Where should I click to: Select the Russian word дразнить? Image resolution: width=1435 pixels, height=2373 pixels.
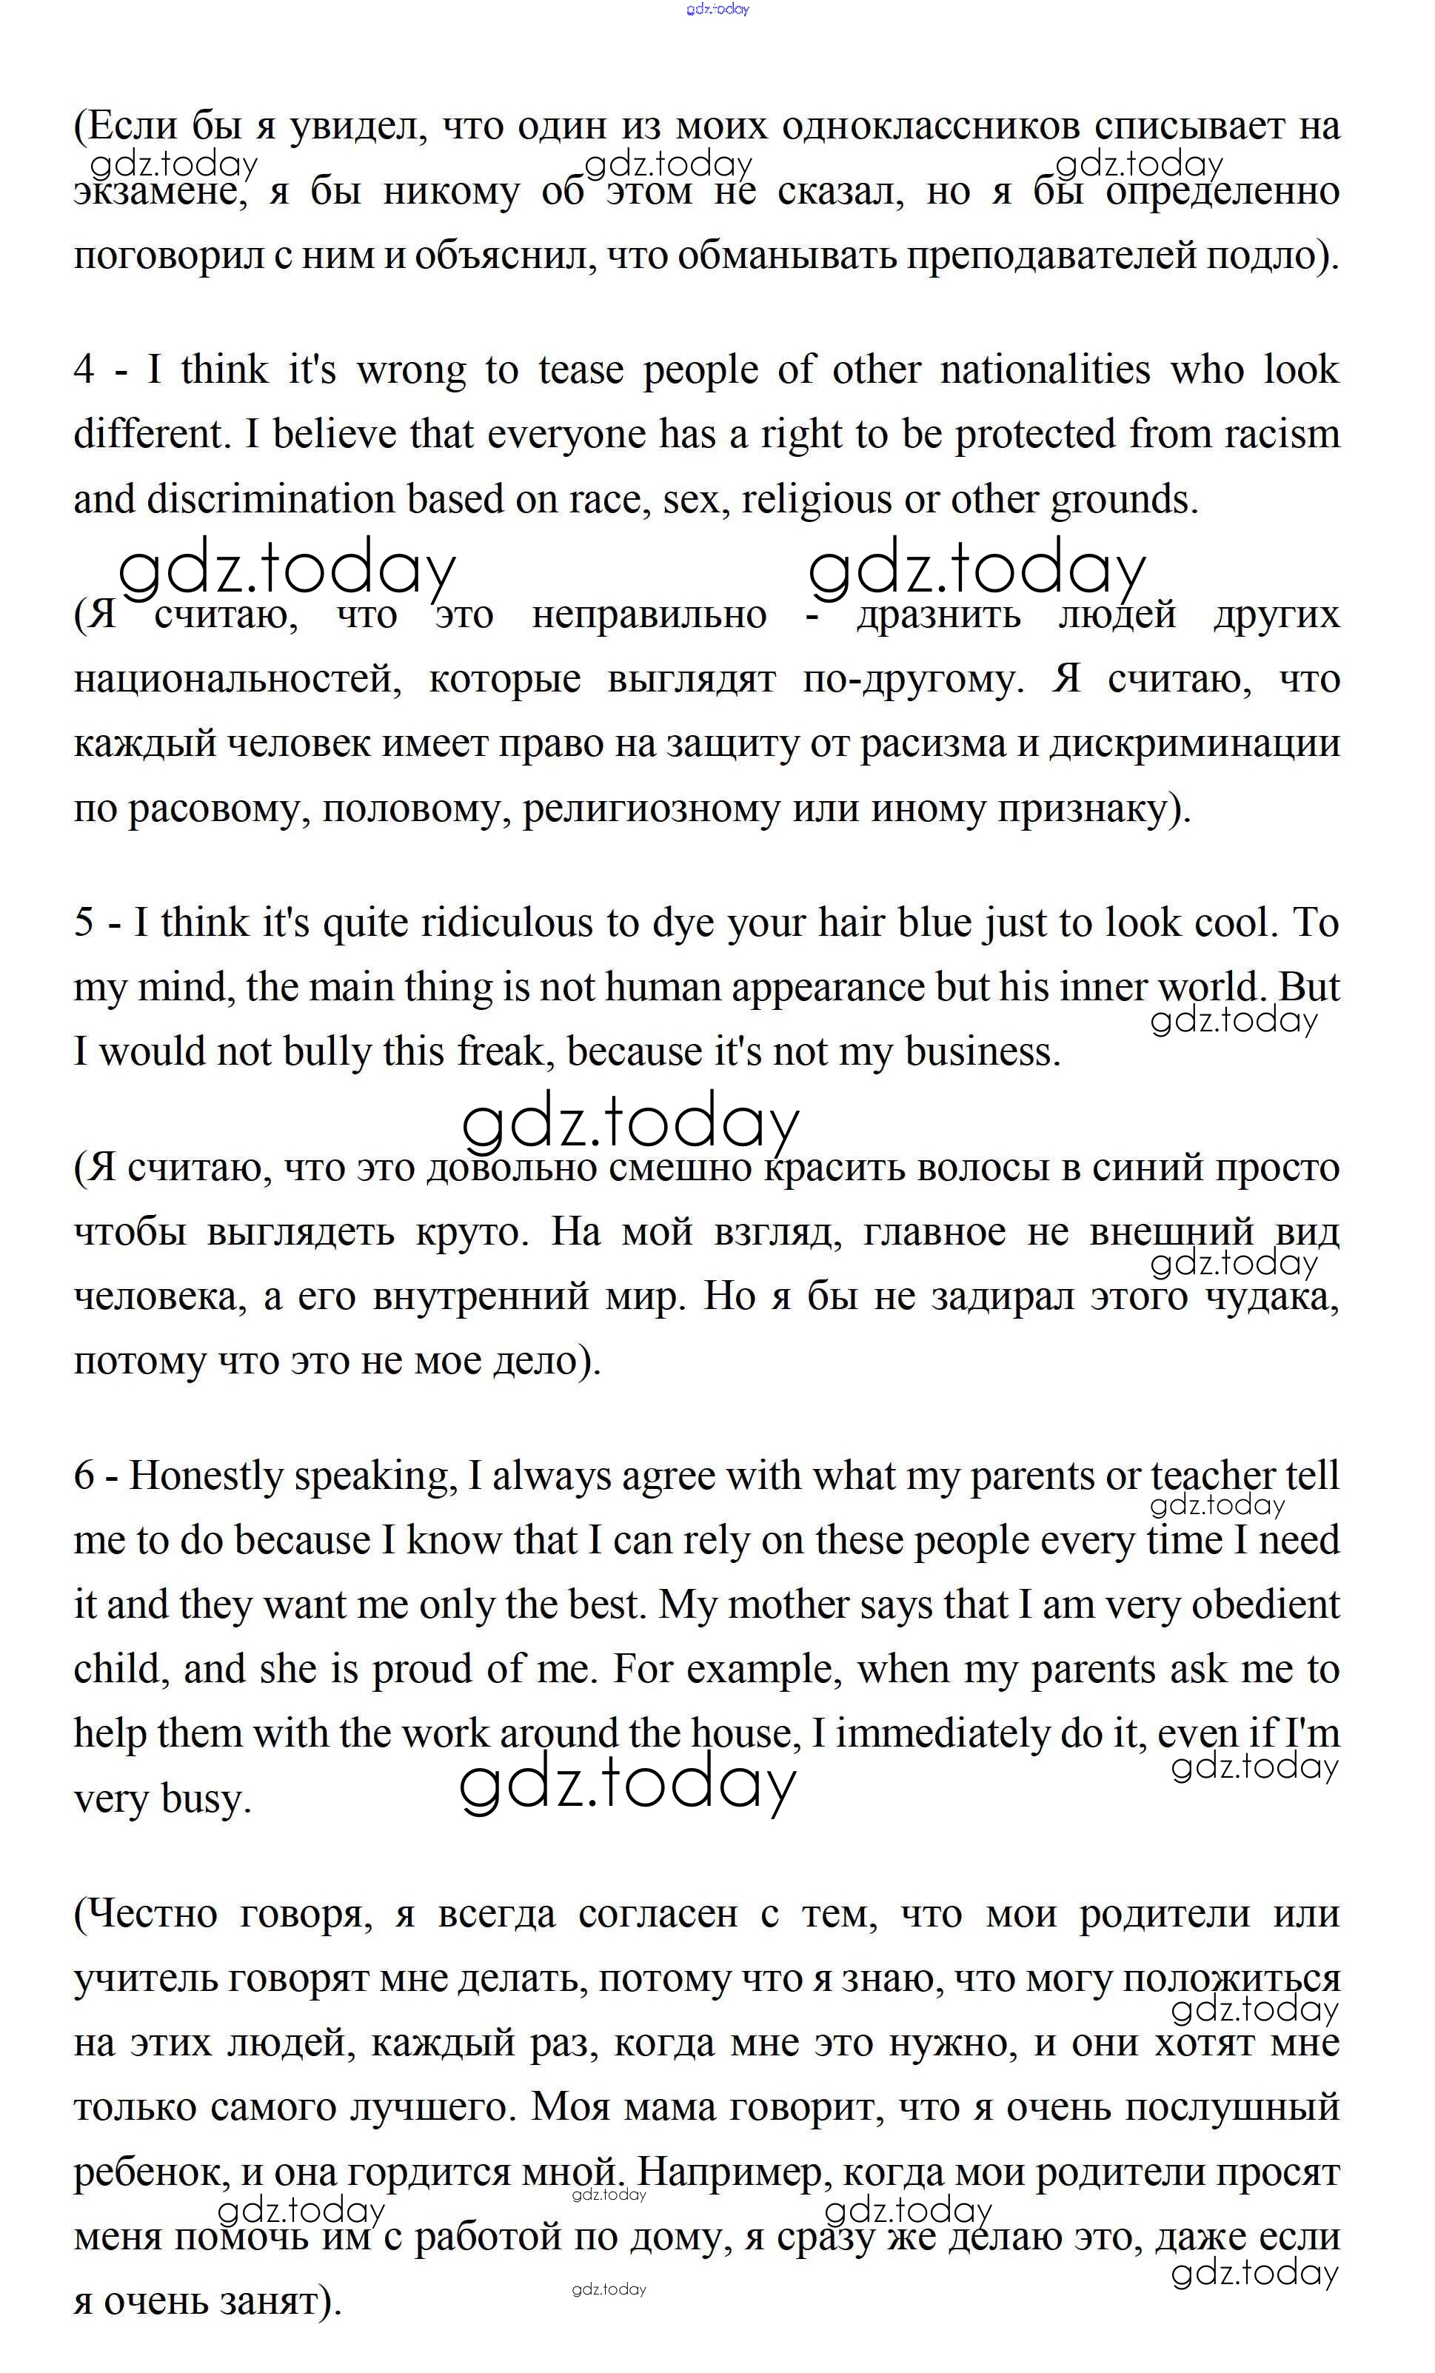click(938, 615)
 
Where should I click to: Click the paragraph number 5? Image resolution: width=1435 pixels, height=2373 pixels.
click(84, 923)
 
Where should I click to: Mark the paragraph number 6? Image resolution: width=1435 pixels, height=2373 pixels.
click(84, 1476)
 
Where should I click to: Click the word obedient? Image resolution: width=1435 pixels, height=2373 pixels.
click(1265, 1605)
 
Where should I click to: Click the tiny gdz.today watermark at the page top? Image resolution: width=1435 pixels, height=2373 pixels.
click(717, 10)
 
